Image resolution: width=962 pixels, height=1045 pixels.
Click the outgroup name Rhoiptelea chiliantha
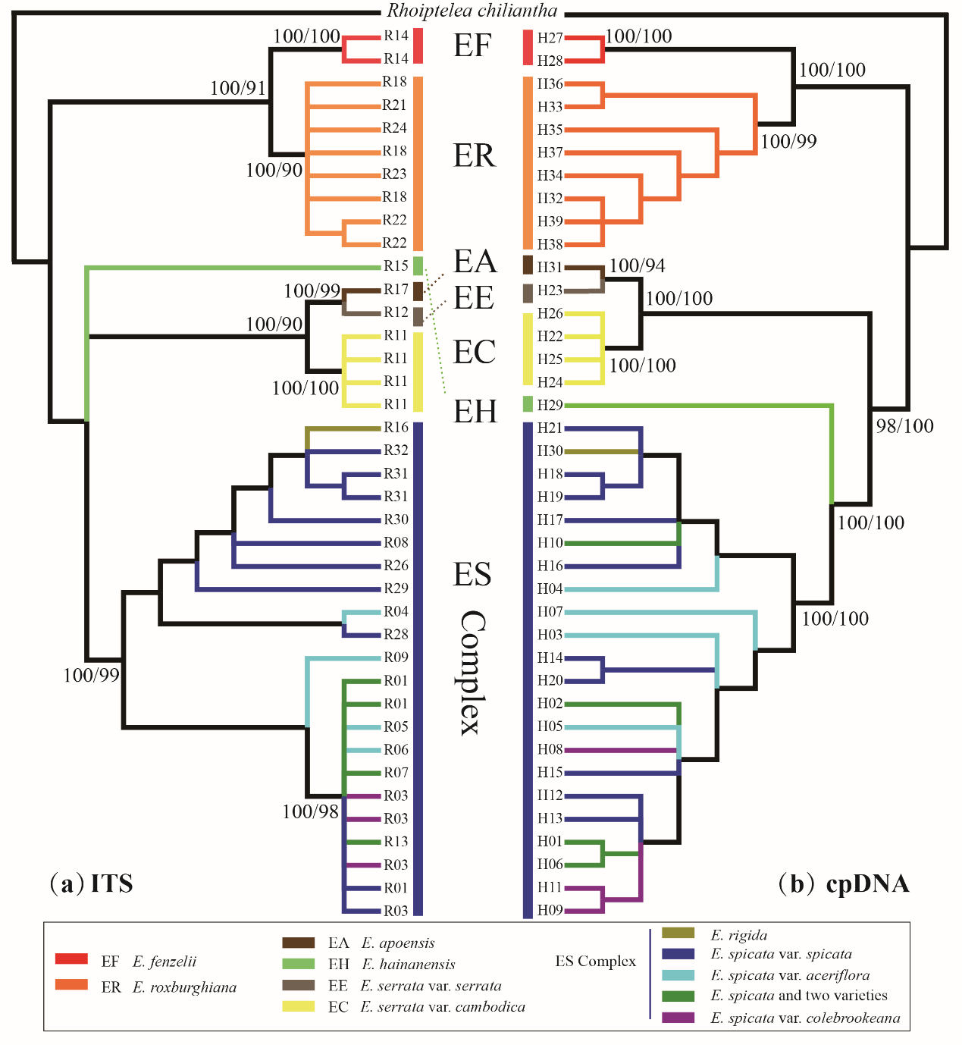pyautogui.click(x=472, y=11)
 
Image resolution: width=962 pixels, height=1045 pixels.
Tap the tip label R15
pyautogui.click(x=396, y=266)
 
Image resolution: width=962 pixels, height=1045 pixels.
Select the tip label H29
pyautogui.click(x=550, y=405)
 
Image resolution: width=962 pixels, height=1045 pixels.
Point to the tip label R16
pyautogui.click(x=396, y=428)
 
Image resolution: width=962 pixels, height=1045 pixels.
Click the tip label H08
pyautogui.click(x=550, y=749)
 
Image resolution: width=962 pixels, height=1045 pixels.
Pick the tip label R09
pyautogui.click(x=396, y=657)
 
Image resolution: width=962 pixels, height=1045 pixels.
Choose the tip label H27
pyautogui.click(x=550, y=38)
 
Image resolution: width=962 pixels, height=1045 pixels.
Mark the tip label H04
pyautogui.click(x=550, y=588)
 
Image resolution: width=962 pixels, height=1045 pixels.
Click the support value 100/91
pyautogui.click(x=237, y=88)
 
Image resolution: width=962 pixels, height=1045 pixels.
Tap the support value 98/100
pyautogui.click(x=904, y=426)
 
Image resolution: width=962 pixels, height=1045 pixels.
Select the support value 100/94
pyautogui.click(x=637, y=265)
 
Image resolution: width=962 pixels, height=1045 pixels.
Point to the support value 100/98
pyautogui.click(x=310, y=812)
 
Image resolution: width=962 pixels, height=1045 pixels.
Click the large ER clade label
pyautogui.click(x=474, y=155)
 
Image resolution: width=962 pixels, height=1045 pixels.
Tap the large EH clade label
pyautogui.click(x=475, y=412)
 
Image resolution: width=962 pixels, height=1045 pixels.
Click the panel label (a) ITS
pyautogui.click(x=91, y=883)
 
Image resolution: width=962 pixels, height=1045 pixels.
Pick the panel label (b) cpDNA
pyautogui.click(x=844, y=883)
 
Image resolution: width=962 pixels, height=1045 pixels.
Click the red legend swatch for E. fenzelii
pyautogui.click(x=71, y=959)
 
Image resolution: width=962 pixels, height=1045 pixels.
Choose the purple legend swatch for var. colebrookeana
pyautogui.click(x=678, y=1018)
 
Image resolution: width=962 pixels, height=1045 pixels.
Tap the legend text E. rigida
pyautogui.click(x=739, y=935)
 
